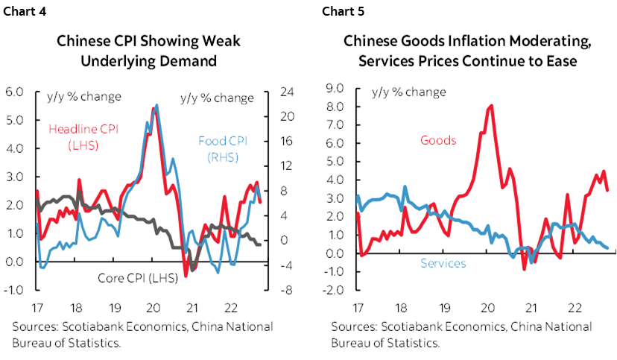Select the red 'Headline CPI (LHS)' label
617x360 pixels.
click(83, 136)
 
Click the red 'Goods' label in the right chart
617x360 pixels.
click(438, 139)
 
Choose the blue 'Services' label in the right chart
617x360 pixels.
click(443, 263)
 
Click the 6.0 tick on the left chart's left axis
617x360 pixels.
click(16, 92)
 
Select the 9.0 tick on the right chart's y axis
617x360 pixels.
click(335, 88)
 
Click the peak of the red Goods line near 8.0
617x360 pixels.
click(490, 106)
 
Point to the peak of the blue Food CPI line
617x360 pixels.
click(156, 105)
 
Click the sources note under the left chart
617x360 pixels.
click(142, 334)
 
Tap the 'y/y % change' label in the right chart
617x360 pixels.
click(408, 92)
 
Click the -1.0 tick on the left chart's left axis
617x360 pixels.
click(16, 290)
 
